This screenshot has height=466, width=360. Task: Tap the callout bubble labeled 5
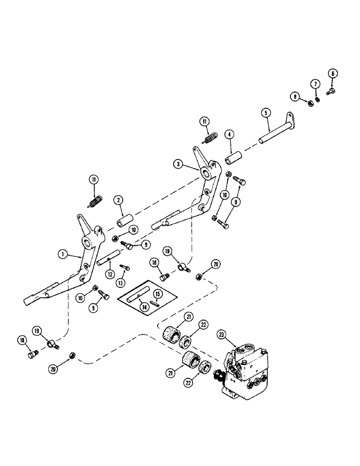point(265,113)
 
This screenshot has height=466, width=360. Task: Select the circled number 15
point(157,294)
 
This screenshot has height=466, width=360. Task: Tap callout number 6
point(333,73)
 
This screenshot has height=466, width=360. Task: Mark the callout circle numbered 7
point(316,84)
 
